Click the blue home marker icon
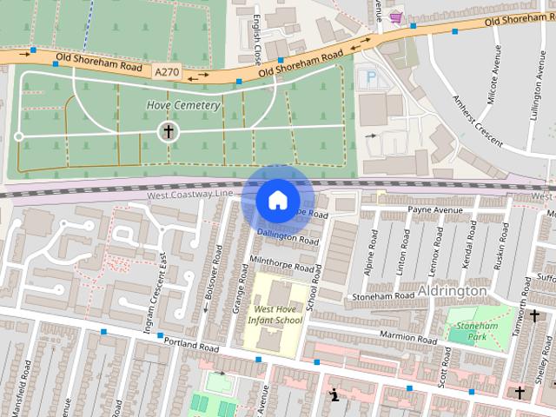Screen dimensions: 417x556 point(277,200)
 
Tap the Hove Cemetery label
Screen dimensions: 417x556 point(182,105)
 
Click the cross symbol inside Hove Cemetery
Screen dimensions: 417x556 point(167,132)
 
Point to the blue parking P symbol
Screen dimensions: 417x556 point(371,79)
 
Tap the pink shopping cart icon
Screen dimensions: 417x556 point(396,17)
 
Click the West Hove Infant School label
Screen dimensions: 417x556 point(275,314)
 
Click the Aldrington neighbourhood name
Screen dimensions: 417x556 point(453,290)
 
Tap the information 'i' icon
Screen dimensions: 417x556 point(333,396)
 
